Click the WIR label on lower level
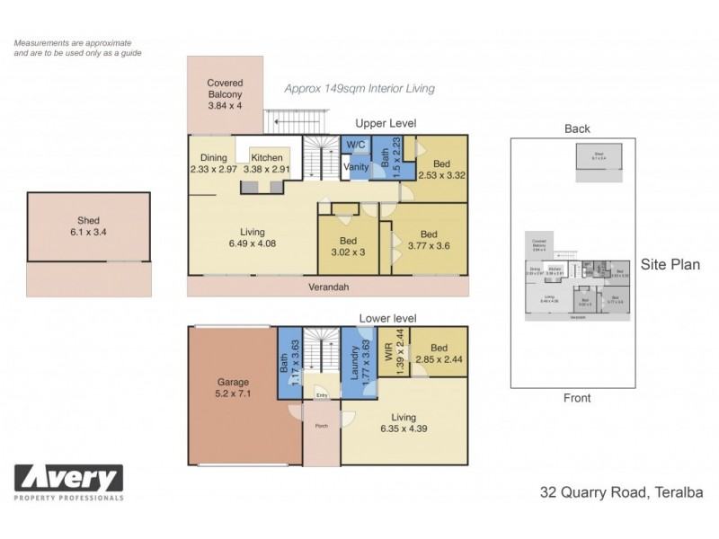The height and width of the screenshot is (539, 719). click(x=390, y=358)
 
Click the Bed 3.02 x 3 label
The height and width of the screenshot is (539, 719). click(x=350, y=247)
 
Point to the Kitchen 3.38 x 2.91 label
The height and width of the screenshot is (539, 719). click(x=267, y=163)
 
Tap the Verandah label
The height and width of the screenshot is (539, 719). click(x=329, y=287)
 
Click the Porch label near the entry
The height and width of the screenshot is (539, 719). click(x=321, y=427)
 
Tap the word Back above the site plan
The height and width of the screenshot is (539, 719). click(x=576, y=128)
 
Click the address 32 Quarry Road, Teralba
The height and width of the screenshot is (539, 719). click(x=620, y=492)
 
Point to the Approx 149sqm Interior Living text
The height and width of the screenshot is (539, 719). click(x=359, y=88)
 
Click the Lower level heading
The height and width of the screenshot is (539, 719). click(x=386, y=318)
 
